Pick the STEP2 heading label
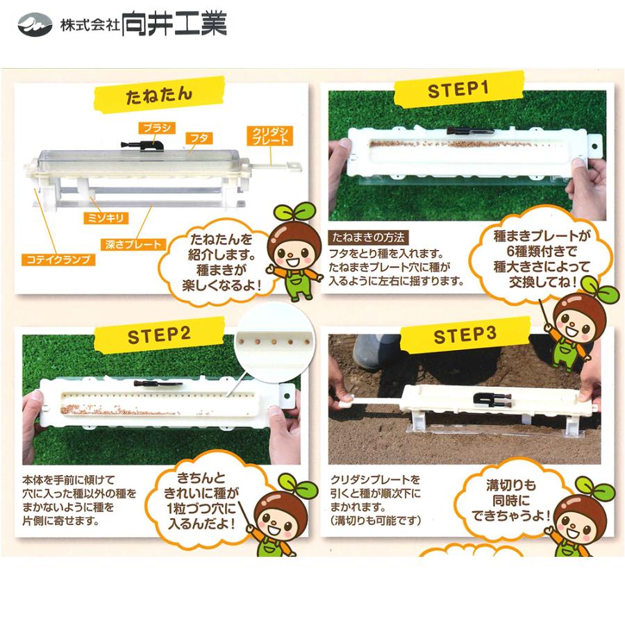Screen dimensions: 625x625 [x=158, y=336]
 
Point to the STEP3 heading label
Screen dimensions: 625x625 [x=465, y=335]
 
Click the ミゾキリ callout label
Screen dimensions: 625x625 [x=109, y=218]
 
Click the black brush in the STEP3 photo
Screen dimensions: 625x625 [x=492, y=399]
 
